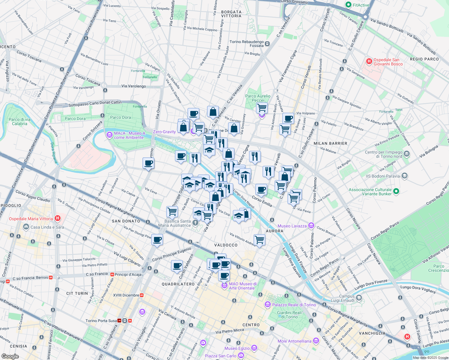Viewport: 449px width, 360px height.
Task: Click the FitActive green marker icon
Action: click(x=348, y=5)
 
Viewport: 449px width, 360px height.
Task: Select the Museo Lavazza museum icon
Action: click(x=311, y=226)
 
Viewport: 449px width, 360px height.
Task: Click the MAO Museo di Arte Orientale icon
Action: click(x=224, y=286)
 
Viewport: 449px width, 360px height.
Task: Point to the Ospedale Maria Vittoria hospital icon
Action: click(x=58, y=218)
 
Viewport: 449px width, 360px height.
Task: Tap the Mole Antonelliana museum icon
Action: click(x=316, y=341)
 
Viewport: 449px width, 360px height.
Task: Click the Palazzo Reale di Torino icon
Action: click(x=268, y=305)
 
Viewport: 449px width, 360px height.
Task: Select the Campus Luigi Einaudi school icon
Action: click(x=359, y=298)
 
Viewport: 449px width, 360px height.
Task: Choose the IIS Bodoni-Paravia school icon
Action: click(x=404, y=176)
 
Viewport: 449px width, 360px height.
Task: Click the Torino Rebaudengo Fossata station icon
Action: click(x=267, y=44)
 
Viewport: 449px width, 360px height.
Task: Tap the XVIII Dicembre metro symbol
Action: click(x=142, y=295)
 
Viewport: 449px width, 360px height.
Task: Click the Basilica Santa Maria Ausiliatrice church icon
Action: click(x=195, y=223)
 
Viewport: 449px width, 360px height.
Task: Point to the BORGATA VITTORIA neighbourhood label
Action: click(x=231, y=14)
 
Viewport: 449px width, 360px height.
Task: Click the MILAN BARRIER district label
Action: click(x=330, y=143)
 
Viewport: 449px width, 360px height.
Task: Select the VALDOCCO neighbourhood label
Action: click(x=226, y=245)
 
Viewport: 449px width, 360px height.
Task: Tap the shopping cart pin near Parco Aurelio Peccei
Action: click(x=262, y=107)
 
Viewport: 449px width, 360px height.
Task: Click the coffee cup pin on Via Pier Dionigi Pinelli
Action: click(x=157, y=240)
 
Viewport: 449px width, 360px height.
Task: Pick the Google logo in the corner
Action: click(x=10, y=356)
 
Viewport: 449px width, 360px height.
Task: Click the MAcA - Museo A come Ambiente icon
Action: click(x=110, y=135)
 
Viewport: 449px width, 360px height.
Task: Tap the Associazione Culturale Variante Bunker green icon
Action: click(x=396, y=191)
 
